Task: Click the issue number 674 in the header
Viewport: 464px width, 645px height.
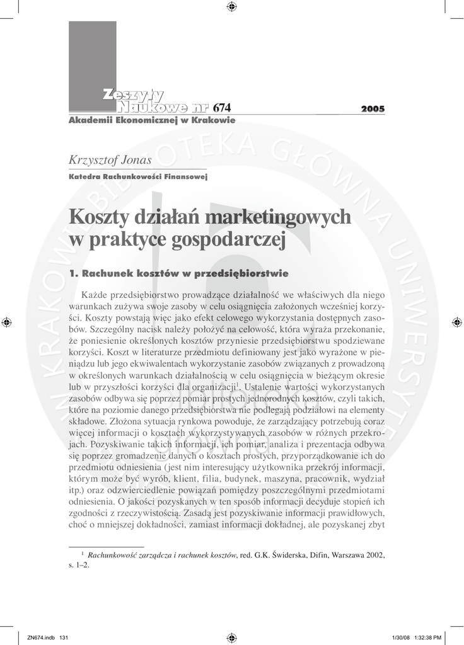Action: (223, 108)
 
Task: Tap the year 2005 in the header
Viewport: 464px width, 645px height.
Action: (373, 109)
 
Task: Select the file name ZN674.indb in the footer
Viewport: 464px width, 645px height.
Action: (38, 637)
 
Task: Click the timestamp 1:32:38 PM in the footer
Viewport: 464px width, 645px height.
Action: (428, 637)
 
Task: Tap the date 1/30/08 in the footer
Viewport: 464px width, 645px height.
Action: (400, 637)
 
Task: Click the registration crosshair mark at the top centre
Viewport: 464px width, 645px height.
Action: (231, 7)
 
